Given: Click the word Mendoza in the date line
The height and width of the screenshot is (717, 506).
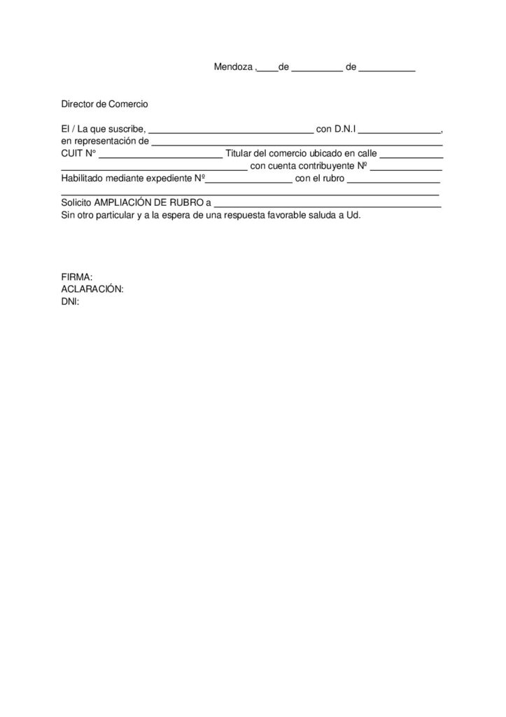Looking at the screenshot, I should pyautogui.click(x=233, y=68).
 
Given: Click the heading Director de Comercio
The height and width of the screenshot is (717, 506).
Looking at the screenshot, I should pyautogui.click(x=104, y=104).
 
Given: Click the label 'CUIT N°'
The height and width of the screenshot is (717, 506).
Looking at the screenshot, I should pyautogui.click(x=78, y=154).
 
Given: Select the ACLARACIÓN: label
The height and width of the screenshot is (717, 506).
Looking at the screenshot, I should pyautogui.click(x=92, y=289).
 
